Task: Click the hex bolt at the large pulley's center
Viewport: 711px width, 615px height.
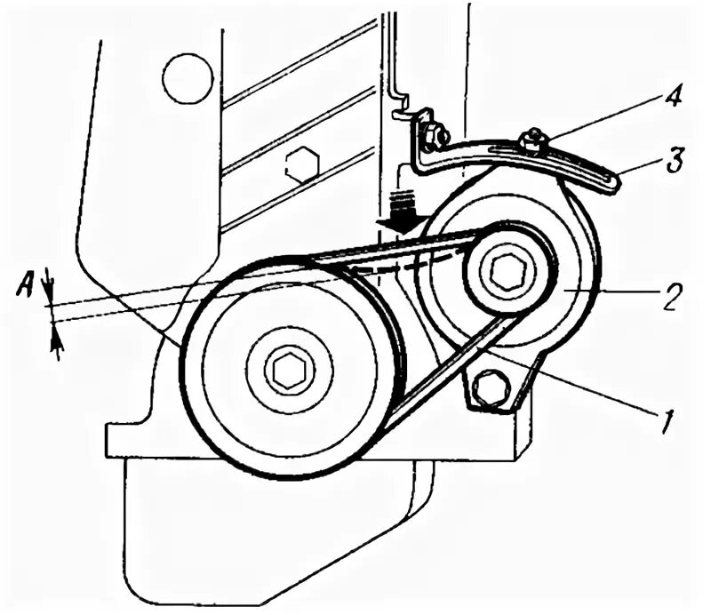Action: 289,370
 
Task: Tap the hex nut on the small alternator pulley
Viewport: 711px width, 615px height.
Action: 507,271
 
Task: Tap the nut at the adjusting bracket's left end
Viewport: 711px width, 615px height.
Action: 433,136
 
